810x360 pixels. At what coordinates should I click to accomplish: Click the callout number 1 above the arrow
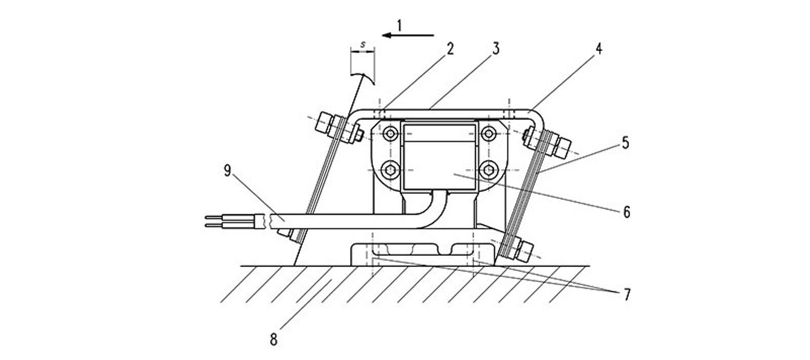click(x=400, y=25)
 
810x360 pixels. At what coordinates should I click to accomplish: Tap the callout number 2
click(x=450, y=49)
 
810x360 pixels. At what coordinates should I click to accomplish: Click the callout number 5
click(x=625, y=143)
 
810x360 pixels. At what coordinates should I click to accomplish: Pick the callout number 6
click(x=626, y=211)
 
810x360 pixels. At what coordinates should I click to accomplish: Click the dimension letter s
click(x=363, y=45)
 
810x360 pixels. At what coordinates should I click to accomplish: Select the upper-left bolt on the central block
click(x=392, y=133)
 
